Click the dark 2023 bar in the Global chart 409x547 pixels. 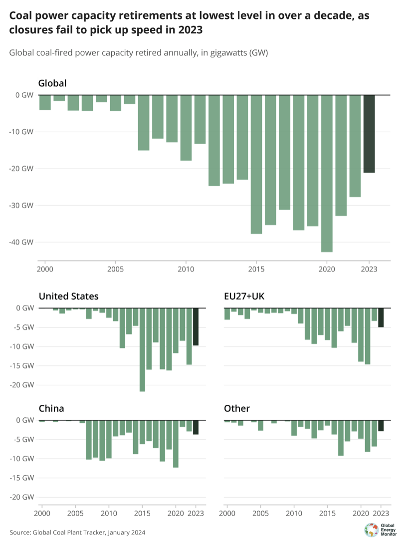tap(369, 134)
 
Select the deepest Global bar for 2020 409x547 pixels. tap(327, 173)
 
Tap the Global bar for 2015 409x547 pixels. tap(256, 164)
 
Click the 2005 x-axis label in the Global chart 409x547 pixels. tap(116, 268)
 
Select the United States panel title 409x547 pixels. tap(68, 296)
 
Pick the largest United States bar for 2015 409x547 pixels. tap(142, 350)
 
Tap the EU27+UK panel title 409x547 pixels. tap(244, 296)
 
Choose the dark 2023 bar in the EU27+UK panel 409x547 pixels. tap(381, 318)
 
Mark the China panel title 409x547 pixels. tap(51, 409)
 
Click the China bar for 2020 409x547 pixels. tap(176, 444)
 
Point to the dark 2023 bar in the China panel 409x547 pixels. tap(196, 427)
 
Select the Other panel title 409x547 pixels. tap(237, 409)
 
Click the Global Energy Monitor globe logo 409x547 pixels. tap(371, 530)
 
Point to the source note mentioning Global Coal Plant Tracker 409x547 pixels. tap(77, 533)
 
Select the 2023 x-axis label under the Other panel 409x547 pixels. tap(382, 513)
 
